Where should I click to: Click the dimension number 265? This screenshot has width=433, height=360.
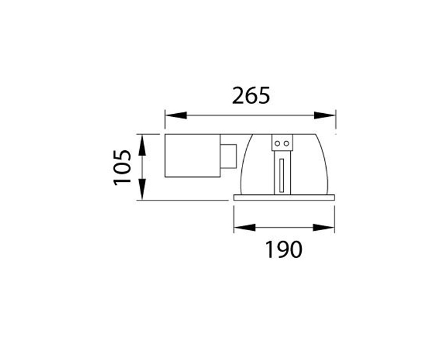pyautogui.click(x=251, y=96)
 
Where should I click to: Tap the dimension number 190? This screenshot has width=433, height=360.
pyautogui.click(x=284, y=249)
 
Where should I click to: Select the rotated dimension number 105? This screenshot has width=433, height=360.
pyautogui.click(x=123, y=166)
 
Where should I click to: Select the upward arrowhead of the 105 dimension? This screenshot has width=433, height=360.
pyautogui.click(x=143, y=144)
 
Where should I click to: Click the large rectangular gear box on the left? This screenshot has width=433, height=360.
pyautogui.click(x=191, y=155)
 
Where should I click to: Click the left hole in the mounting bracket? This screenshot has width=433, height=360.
pyautogui.click(x=278, y=143)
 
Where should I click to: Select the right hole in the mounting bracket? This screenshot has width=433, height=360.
pyautogui.click(x=286, y=143)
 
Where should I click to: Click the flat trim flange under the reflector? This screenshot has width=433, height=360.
pyautogui.click(x=284, y=197)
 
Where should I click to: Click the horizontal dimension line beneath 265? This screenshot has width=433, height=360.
pyautogui.click(x=250, y=116)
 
